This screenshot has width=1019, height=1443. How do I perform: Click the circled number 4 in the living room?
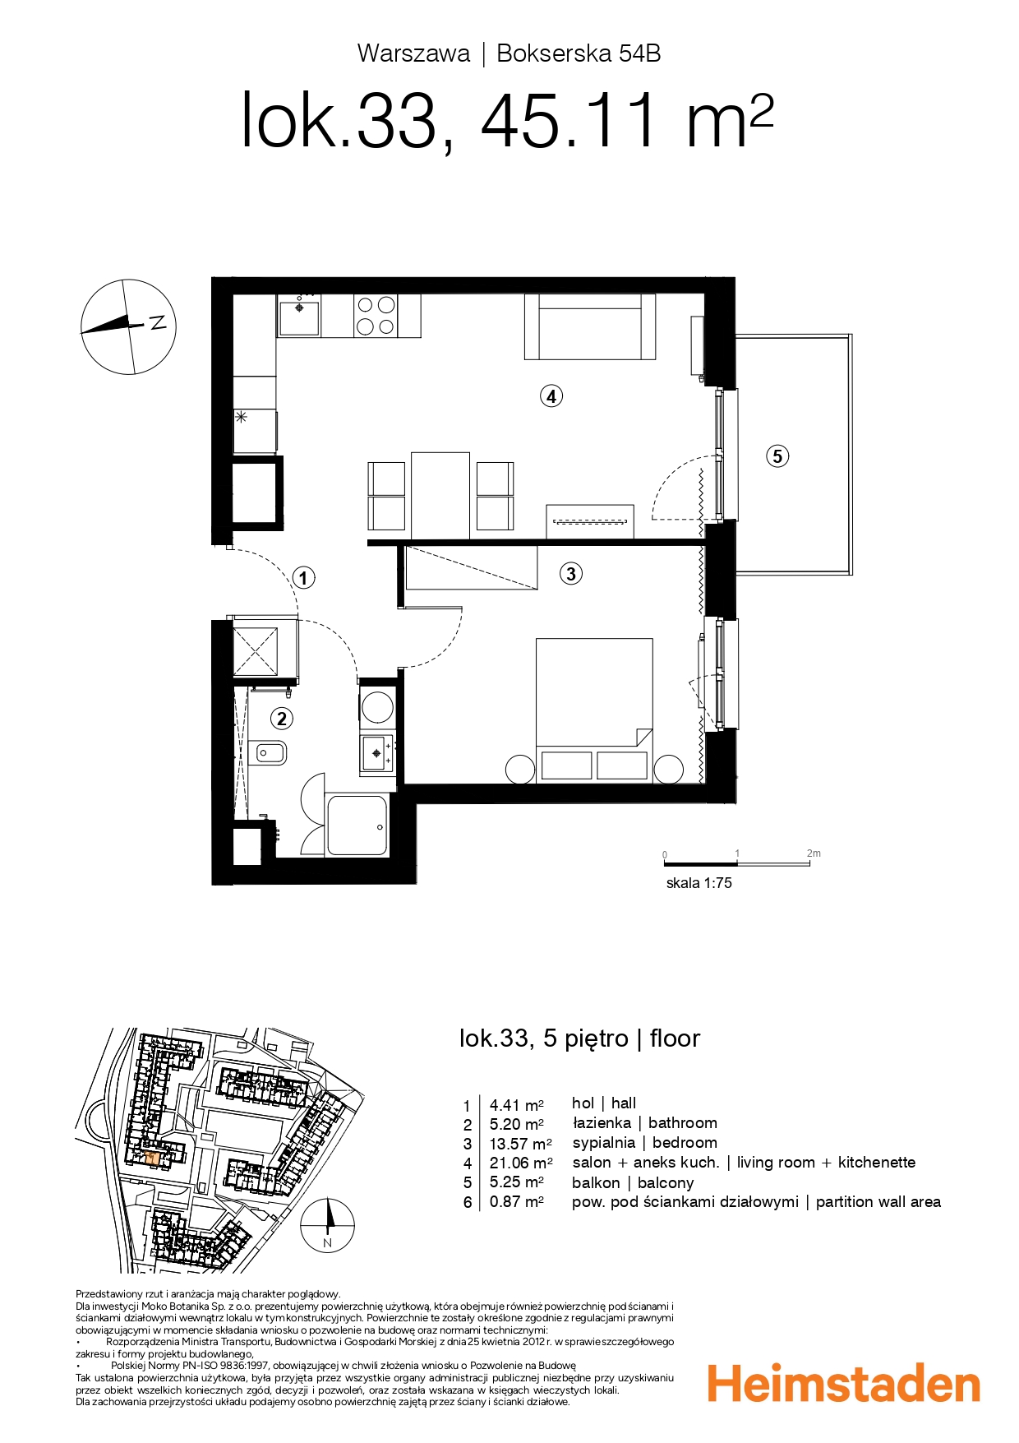[551, 396]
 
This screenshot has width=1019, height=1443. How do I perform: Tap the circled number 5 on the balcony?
[777, 456]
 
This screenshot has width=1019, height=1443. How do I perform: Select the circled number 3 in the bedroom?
[571, 573]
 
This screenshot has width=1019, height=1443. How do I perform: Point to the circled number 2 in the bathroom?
[282, 719]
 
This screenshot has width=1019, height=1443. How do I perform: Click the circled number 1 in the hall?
[303, 578]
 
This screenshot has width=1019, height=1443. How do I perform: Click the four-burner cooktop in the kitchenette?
[376, 316]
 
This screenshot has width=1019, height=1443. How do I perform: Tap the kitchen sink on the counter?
[299, 316]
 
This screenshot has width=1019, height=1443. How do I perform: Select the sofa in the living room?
[590, 326]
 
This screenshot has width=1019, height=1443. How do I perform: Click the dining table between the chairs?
[440, 495]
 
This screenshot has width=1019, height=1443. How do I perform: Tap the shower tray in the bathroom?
[357, 826]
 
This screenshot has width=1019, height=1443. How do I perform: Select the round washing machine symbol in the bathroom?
[377, 707]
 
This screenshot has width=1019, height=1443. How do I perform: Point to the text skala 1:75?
[699, 883]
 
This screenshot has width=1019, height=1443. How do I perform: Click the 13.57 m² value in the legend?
[520, 1144]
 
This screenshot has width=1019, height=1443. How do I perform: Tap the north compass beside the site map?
[327, 1224]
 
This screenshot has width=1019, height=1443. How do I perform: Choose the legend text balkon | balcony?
[633, 1183]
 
